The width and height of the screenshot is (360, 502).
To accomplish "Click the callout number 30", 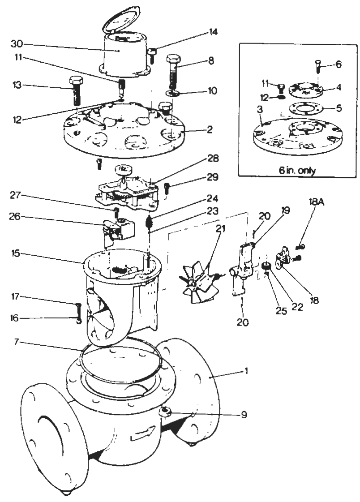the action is click(17, 43).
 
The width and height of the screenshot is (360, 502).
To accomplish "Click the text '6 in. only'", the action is click(297, 170).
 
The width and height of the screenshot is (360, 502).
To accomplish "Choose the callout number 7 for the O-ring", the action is click(17, 342).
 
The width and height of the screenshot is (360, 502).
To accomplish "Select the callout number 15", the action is click(15, 253).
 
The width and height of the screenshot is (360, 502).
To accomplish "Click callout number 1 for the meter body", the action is click(246, 371).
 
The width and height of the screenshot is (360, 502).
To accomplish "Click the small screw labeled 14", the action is click(152, 55).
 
